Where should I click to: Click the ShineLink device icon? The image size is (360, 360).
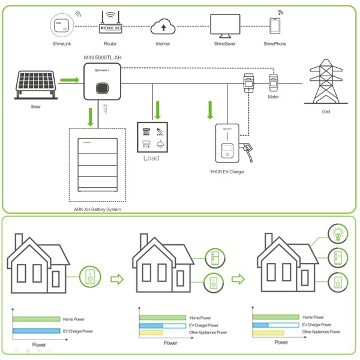pyautogui.click(x=61, y=26)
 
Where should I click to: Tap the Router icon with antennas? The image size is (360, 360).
pyautogui.click(x=110, y=24)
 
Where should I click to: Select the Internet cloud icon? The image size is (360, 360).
pyautogui.click(x=163, y=26)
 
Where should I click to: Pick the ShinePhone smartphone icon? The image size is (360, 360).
pyautogui.click(x=275, y=26)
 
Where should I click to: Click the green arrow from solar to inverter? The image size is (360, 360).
pyautogui.click(x=70, y=80)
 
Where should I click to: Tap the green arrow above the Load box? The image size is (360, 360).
pyautogui.click(x=158, y=110)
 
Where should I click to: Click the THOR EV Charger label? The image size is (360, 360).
pyautogui.click(x=227, y=172)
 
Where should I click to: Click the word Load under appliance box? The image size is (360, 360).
pyautogui.click(x=151, y=158)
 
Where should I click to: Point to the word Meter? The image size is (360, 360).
pyautogui.click(x=273, y=97)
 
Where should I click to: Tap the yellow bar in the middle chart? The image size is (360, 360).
pyautogui.click(x=151, y=332)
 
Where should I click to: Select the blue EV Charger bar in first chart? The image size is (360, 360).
pyautogui.click(x=37, y=331)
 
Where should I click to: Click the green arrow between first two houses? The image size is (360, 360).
pyautogui.click(x=117, y=278)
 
